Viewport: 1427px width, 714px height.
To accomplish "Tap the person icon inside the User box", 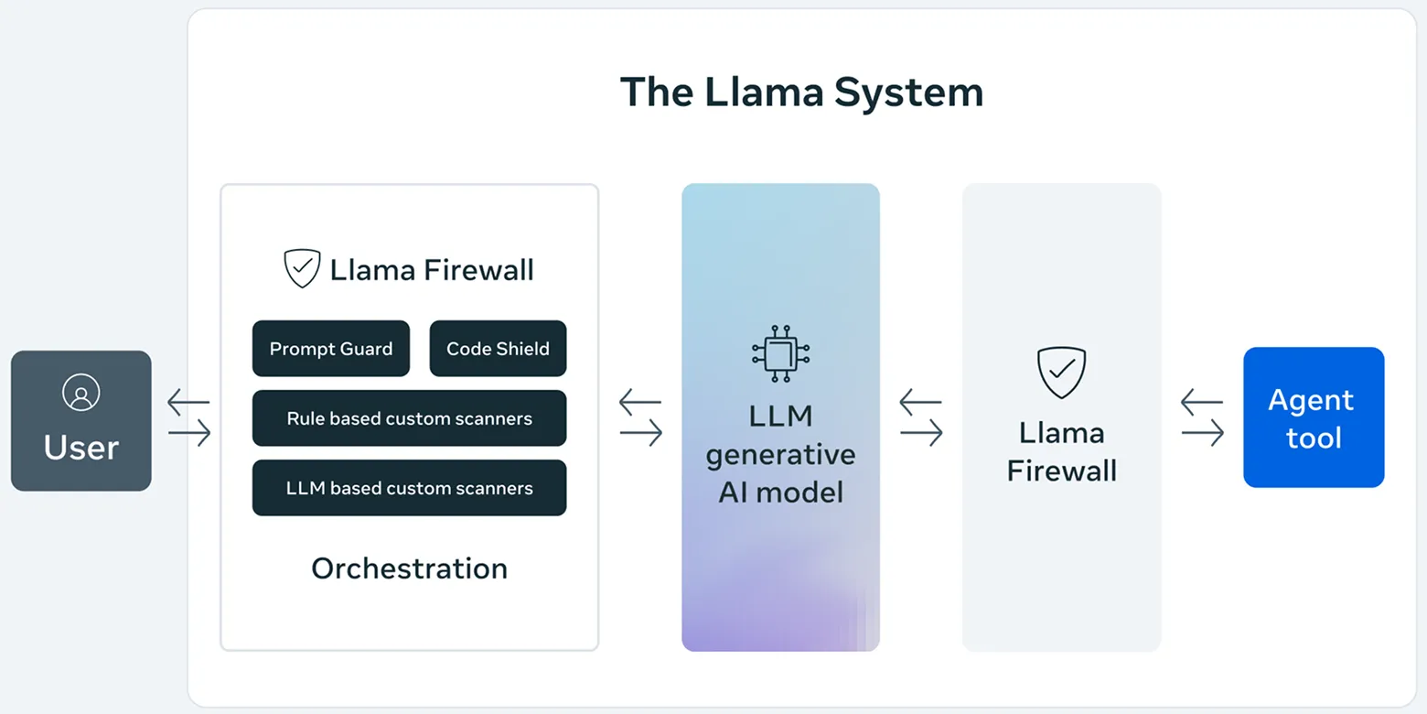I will (x=80, y=393).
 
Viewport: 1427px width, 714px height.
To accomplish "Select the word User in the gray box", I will (x=80, y=448).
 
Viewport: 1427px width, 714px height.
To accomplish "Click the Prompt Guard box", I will (x=330, y=349).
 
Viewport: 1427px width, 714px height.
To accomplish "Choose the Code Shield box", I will (x=498, y=349).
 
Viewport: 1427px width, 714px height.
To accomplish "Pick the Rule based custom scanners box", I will (x=409, y=418).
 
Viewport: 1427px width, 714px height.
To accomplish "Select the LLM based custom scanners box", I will (x=409, y=488).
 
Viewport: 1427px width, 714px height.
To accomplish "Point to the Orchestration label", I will (x=409, y=568).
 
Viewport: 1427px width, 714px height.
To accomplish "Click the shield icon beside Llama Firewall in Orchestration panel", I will (x=302, y=269).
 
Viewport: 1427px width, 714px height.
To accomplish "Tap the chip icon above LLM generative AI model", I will (x=780, y=353).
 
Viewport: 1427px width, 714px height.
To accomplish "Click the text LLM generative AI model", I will (x=780, y=454).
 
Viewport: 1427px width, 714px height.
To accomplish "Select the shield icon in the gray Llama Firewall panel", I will (x=1061, y=373).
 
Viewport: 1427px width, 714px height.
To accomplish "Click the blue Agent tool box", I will (x=1313, y=417).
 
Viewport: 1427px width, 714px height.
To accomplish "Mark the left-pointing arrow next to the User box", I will (x=188, y=402).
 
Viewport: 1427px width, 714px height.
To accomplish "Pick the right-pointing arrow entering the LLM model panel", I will (x=641, y=433).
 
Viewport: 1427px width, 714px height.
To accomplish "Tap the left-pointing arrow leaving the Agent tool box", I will (x=1201, y=402).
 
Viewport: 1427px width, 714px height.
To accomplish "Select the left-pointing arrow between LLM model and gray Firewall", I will (x=920, y=402).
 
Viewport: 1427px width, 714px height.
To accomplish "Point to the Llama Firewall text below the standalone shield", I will (x=1061, y=451).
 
